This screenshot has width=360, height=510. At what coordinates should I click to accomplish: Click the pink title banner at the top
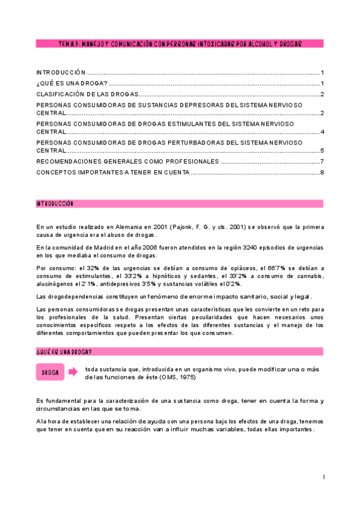point(180,44)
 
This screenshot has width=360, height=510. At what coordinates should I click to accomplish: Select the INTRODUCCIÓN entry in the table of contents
point(61,71)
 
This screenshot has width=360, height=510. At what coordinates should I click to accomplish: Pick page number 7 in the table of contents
point(322,161)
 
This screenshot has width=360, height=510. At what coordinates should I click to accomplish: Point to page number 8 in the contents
point(322,173)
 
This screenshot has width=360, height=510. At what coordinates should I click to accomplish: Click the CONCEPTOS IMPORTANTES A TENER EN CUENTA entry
point(113,173)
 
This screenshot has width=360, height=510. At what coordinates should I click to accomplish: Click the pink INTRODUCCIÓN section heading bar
point(180,204)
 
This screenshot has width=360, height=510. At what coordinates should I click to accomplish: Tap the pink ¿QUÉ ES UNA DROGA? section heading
point(180,351)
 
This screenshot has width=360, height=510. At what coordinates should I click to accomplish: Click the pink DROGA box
point(50,372)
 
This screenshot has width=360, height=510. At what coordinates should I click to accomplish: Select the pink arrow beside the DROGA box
point(73,372)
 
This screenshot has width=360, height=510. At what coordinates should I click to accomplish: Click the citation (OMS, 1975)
point(177,377)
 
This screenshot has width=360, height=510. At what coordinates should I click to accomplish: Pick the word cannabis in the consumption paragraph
point(308,276)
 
